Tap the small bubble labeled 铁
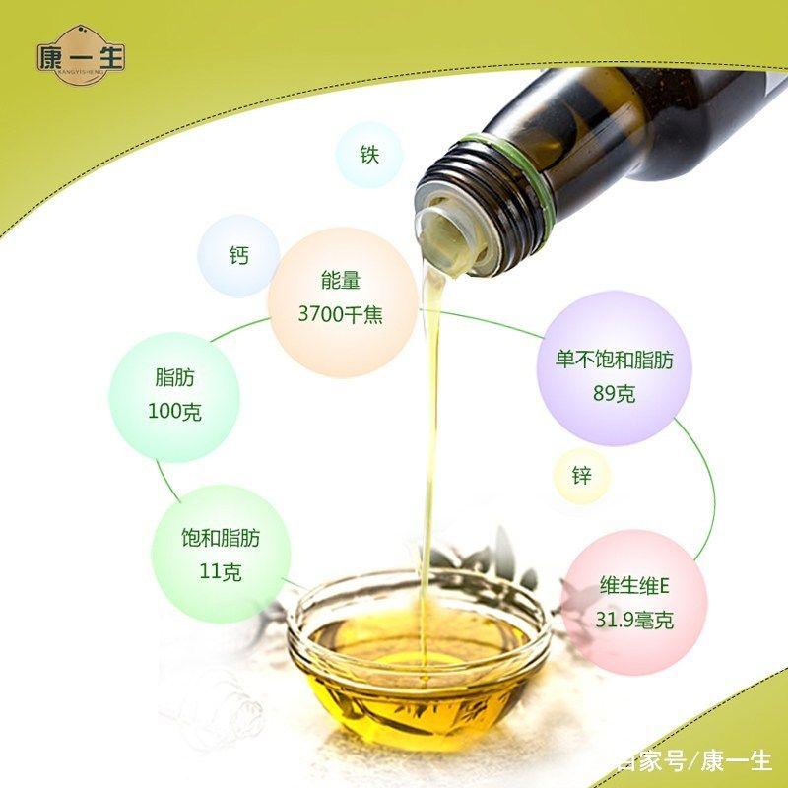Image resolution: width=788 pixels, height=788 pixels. tap(368, 155)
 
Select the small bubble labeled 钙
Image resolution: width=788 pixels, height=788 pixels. tap(238, 256)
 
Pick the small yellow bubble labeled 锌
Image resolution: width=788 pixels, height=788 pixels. tap(581, 477)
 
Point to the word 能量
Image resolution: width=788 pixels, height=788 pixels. tap(341, 281)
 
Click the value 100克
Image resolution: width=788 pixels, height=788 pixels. tap(174, 412)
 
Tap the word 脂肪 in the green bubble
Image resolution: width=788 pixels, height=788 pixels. tap(174, 377)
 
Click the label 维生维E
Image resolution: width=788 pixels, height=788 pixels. tap(634, 586)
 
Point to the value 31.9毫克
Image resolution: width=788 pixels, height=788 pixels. tap(634, 621)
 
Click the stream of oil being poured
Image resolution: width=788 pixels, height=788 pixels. tap(429, 443)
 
